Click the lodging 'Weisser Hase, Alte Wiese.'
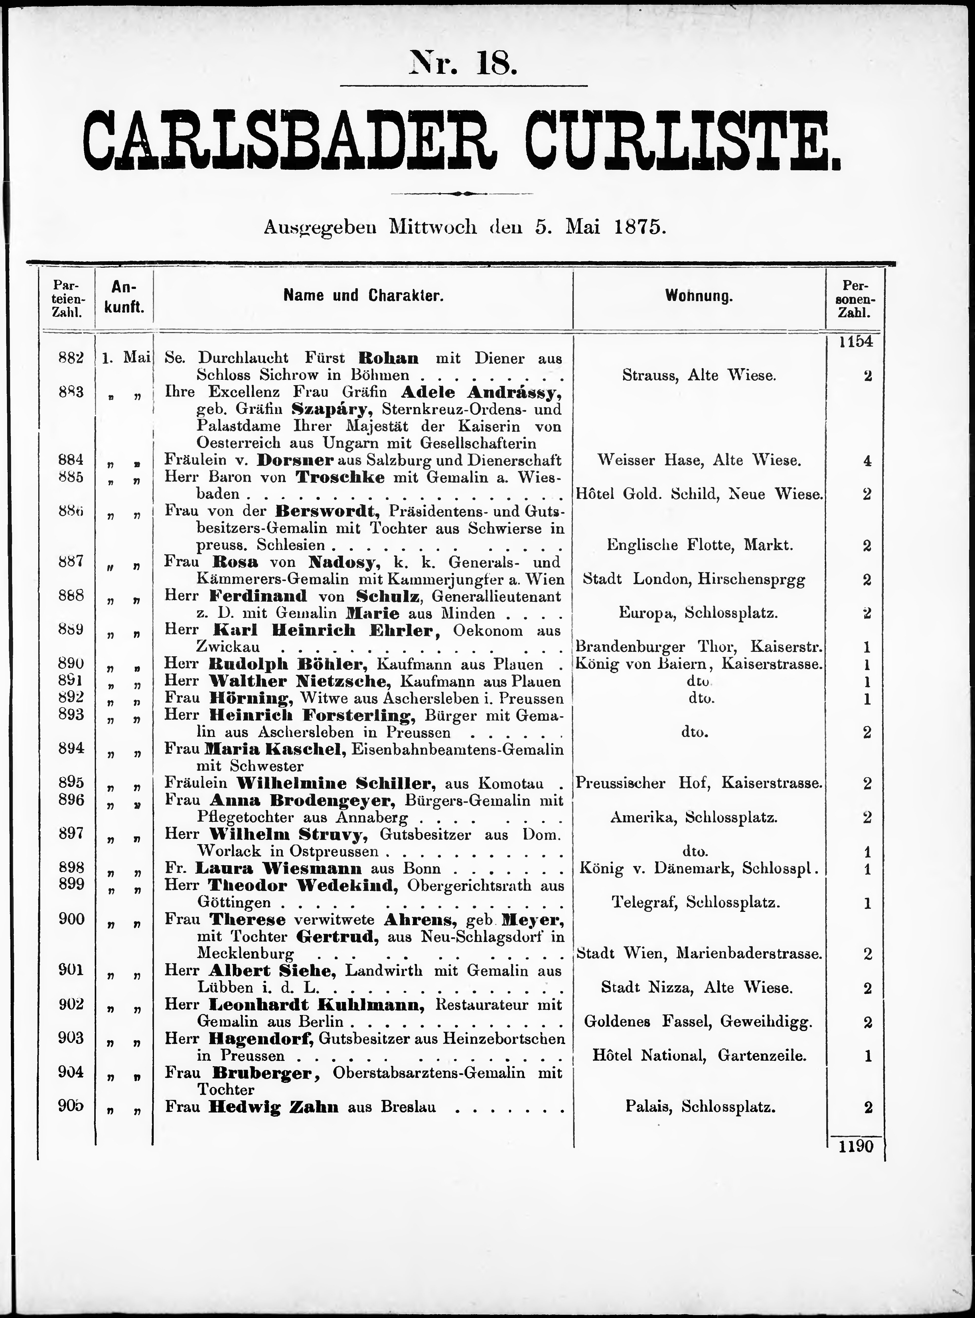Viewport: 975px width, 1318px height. [699, 460]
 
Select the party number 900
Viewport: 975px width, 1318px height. [71, 918]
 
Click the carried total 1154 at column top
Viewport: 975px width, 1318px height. [855, 341]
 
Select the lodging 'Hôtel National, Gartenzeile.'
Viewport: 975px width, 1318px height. [699, 1055]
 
